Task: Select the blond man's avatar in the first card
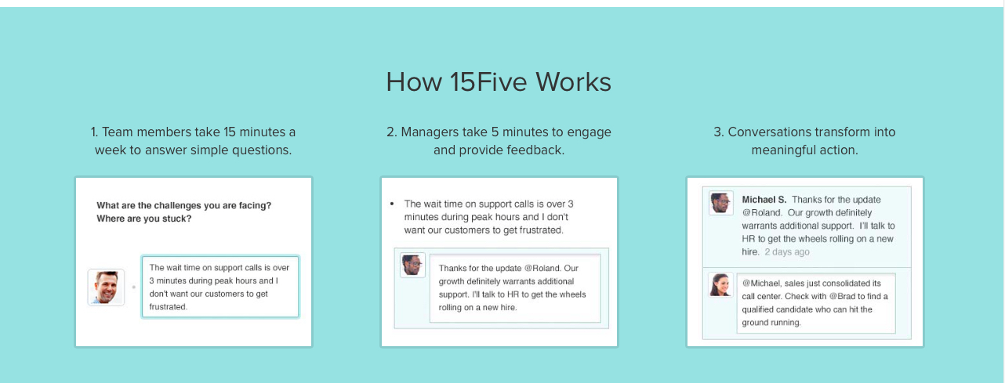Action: (x=106, y=287)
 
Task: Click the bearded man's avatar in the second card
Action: (x=412, y=265)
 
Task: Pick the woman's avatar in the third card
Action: (x=720, y=284)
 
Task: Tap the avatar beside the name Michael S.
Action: (x=720, y=202)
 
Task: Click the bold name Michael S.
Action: (x=764, y=200)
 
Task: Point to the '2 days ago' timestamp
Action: (x=787, y=252)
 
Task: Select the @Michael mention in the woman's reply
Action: (x=764, y=283)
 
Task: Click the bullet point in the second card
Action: (x=392, y=204)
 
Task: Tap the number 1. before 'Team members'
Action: (x=95, y=132)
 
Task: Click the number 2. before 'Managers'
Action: (x=391, y=132)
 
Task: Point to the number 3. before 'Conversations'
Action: (x=718, y=132)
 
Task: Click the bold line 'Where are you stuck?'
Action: (x=144, y=219)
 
